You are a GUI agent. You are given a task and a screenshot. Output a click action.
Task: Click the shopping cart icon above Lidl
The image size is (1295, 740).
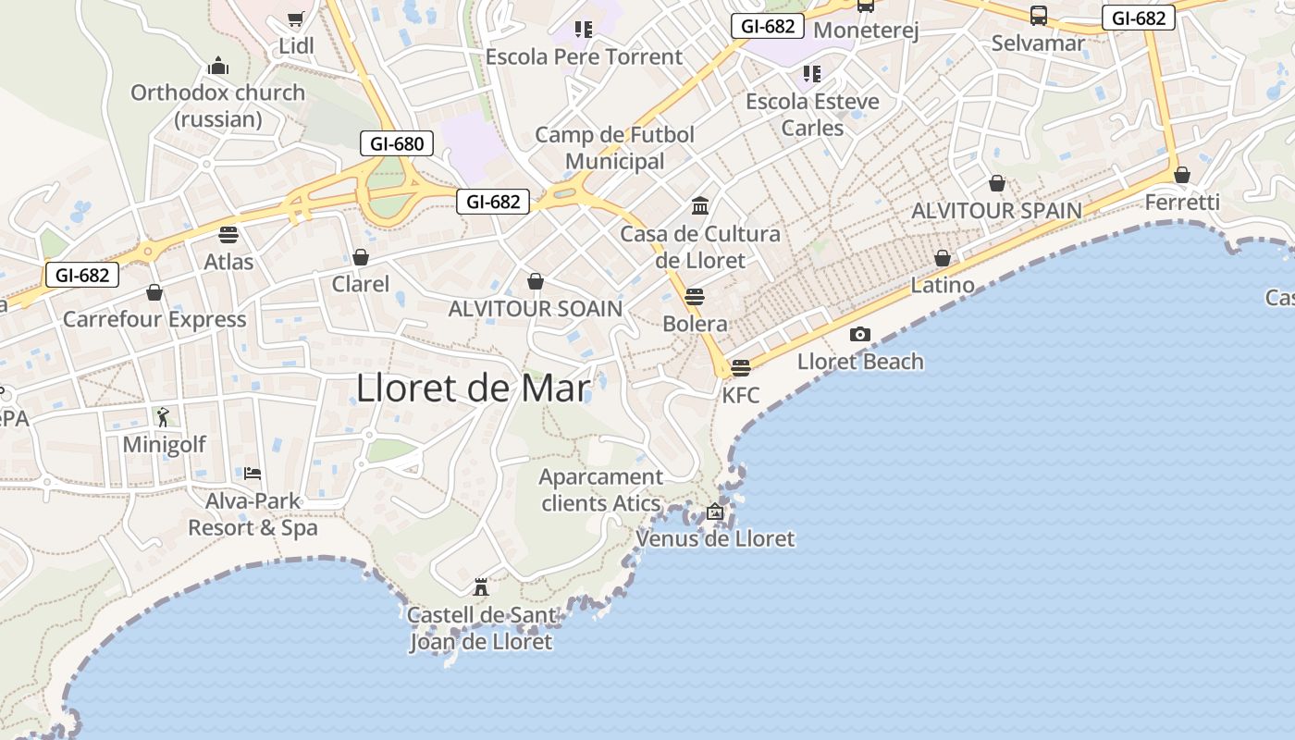(295, 18)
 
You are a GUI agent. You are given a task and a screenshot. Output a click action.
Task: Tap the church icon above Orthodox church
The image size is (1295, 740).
(218, 66)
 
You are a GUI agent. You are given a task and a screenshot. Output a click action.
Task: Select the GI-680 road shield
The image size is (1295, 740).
(397, 143)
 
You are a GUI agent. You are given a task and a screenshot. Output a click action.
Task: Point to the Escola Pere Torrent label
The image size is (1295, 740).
(584, 56)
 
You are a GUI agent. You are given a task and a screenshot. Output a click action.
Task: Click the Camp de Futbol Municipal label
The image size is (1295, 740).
(615, 148)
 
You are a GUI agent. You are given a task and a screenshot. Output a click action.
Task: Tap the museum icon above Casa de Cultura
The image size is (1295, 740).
(700, 205)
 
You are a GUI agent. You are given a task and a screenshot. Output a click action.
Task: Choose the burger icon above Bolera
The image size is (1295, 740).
(695, 297)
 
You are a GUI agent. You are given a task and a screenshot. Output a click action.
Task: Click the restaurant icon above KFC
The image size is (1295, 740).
(740, 368)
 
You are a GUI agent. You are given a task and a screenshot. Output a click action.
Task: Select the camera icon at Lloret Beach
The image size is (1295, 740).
(860, 334)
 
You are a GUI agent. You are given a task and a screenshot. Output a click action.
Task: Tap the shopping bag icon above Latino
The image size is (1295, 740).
(943, 258)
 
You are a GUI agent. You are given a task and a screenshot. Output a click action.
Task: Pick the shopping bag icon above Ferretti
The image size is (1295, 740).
(1182, 175)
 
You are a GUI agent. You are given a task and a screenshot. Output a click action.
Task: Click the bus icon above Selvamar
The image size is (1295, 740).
(1039, 16)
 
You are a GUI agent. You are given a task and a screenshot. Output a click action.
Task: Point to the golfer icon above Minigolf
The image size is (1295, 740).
(164, 417)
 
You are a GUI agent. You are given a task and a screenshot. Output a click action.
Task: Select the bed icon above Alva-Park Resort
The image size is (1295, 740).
(253, 474)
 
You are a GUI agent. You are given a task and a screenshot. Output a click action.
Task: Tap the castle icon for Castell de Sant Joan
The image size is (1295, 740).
(480, 586)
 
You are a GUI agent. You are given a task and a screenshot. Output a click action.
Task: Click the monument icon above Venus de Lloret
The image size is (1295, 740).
(714, 511)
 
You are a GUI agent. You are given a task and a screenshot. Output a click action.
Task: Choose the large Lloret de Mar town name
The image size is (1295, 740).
(473, 388)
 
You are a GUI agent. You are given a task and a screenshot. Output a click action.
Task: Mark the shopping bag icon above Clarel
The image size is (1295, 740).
(361, 257)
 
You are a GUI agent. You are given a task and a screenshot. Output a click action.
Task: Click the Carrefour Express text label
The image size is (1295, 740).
(154, 320)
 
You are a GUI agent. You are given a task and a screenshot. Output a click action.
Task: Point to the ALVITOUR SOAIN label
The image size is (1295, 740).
(536, 309)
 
